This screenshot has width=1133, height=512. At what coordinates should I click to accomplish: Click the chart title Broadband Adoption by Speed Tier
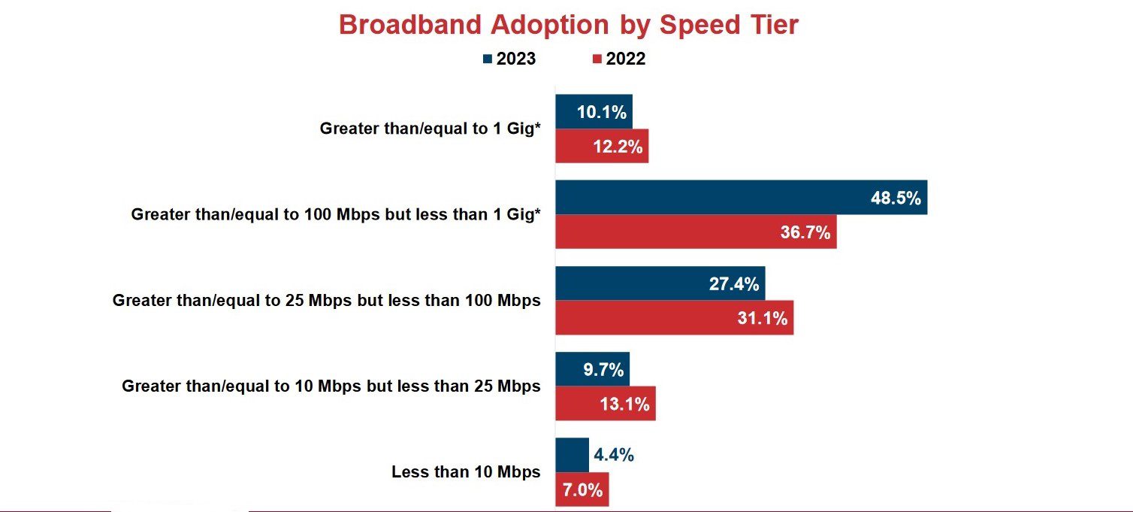[x=569, y=26]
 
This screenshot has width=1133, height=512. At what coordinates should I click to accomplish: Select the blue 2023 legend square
[x=488, y=59]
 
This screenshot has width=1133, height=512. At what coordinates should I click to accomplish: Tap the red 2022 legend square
[x=597, y=59]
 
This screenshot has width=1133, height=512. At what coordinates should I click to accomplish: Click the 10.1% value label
[x=601, y=112]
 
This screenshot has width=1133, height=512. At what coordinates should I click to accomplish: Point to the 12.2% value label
[x=618, y=147]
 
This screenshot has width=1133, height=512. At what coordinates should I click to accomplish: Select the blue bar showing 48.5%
[x=741, y=197]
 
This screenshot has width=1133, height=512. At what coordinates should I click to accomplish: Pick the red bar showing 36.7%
[x=696, y=232]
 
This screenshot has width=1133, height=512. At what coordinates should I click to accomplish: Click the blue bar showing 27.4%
[x=660, y=283]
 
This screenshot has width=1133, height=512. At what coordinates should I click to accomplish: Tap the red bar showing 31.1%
[x=674, y=318]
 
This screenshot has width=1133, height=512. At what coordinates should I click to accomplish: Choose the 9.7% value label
[x=603, y=370]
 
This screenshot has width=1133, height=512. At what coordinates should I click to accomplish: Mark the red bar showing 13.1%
[x=606, y=404]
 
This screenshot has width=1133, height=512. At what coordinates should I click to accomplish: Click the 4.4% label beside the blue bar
[x=614, y=455]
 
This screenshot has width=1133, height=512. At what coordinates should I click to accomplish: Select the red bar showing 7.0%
[x=582, y=489]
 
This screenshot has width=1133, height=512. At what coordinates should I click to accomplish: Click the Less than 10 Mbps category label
[x=466, y=472]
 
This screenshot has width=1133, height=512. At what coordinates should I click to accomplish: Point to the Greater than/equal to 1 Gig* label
[x=430, y=129]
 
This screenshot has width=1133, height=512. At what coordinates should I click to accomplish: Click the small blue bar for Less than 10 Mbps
[x=572, y=455]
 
